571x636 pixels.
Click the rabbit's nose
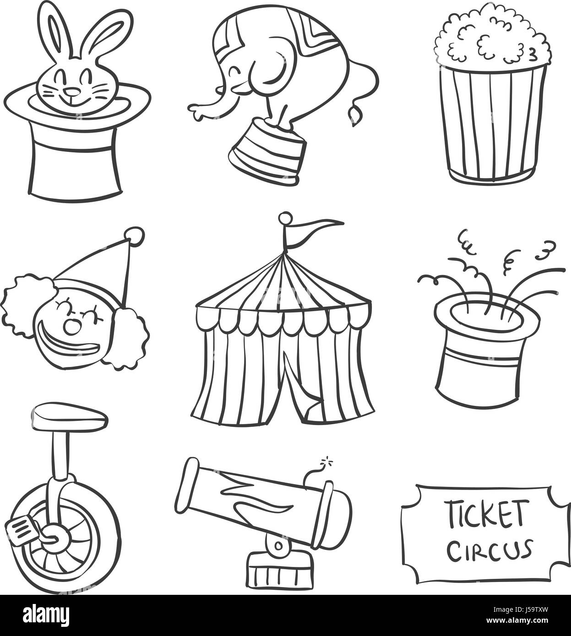[70, 86]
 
